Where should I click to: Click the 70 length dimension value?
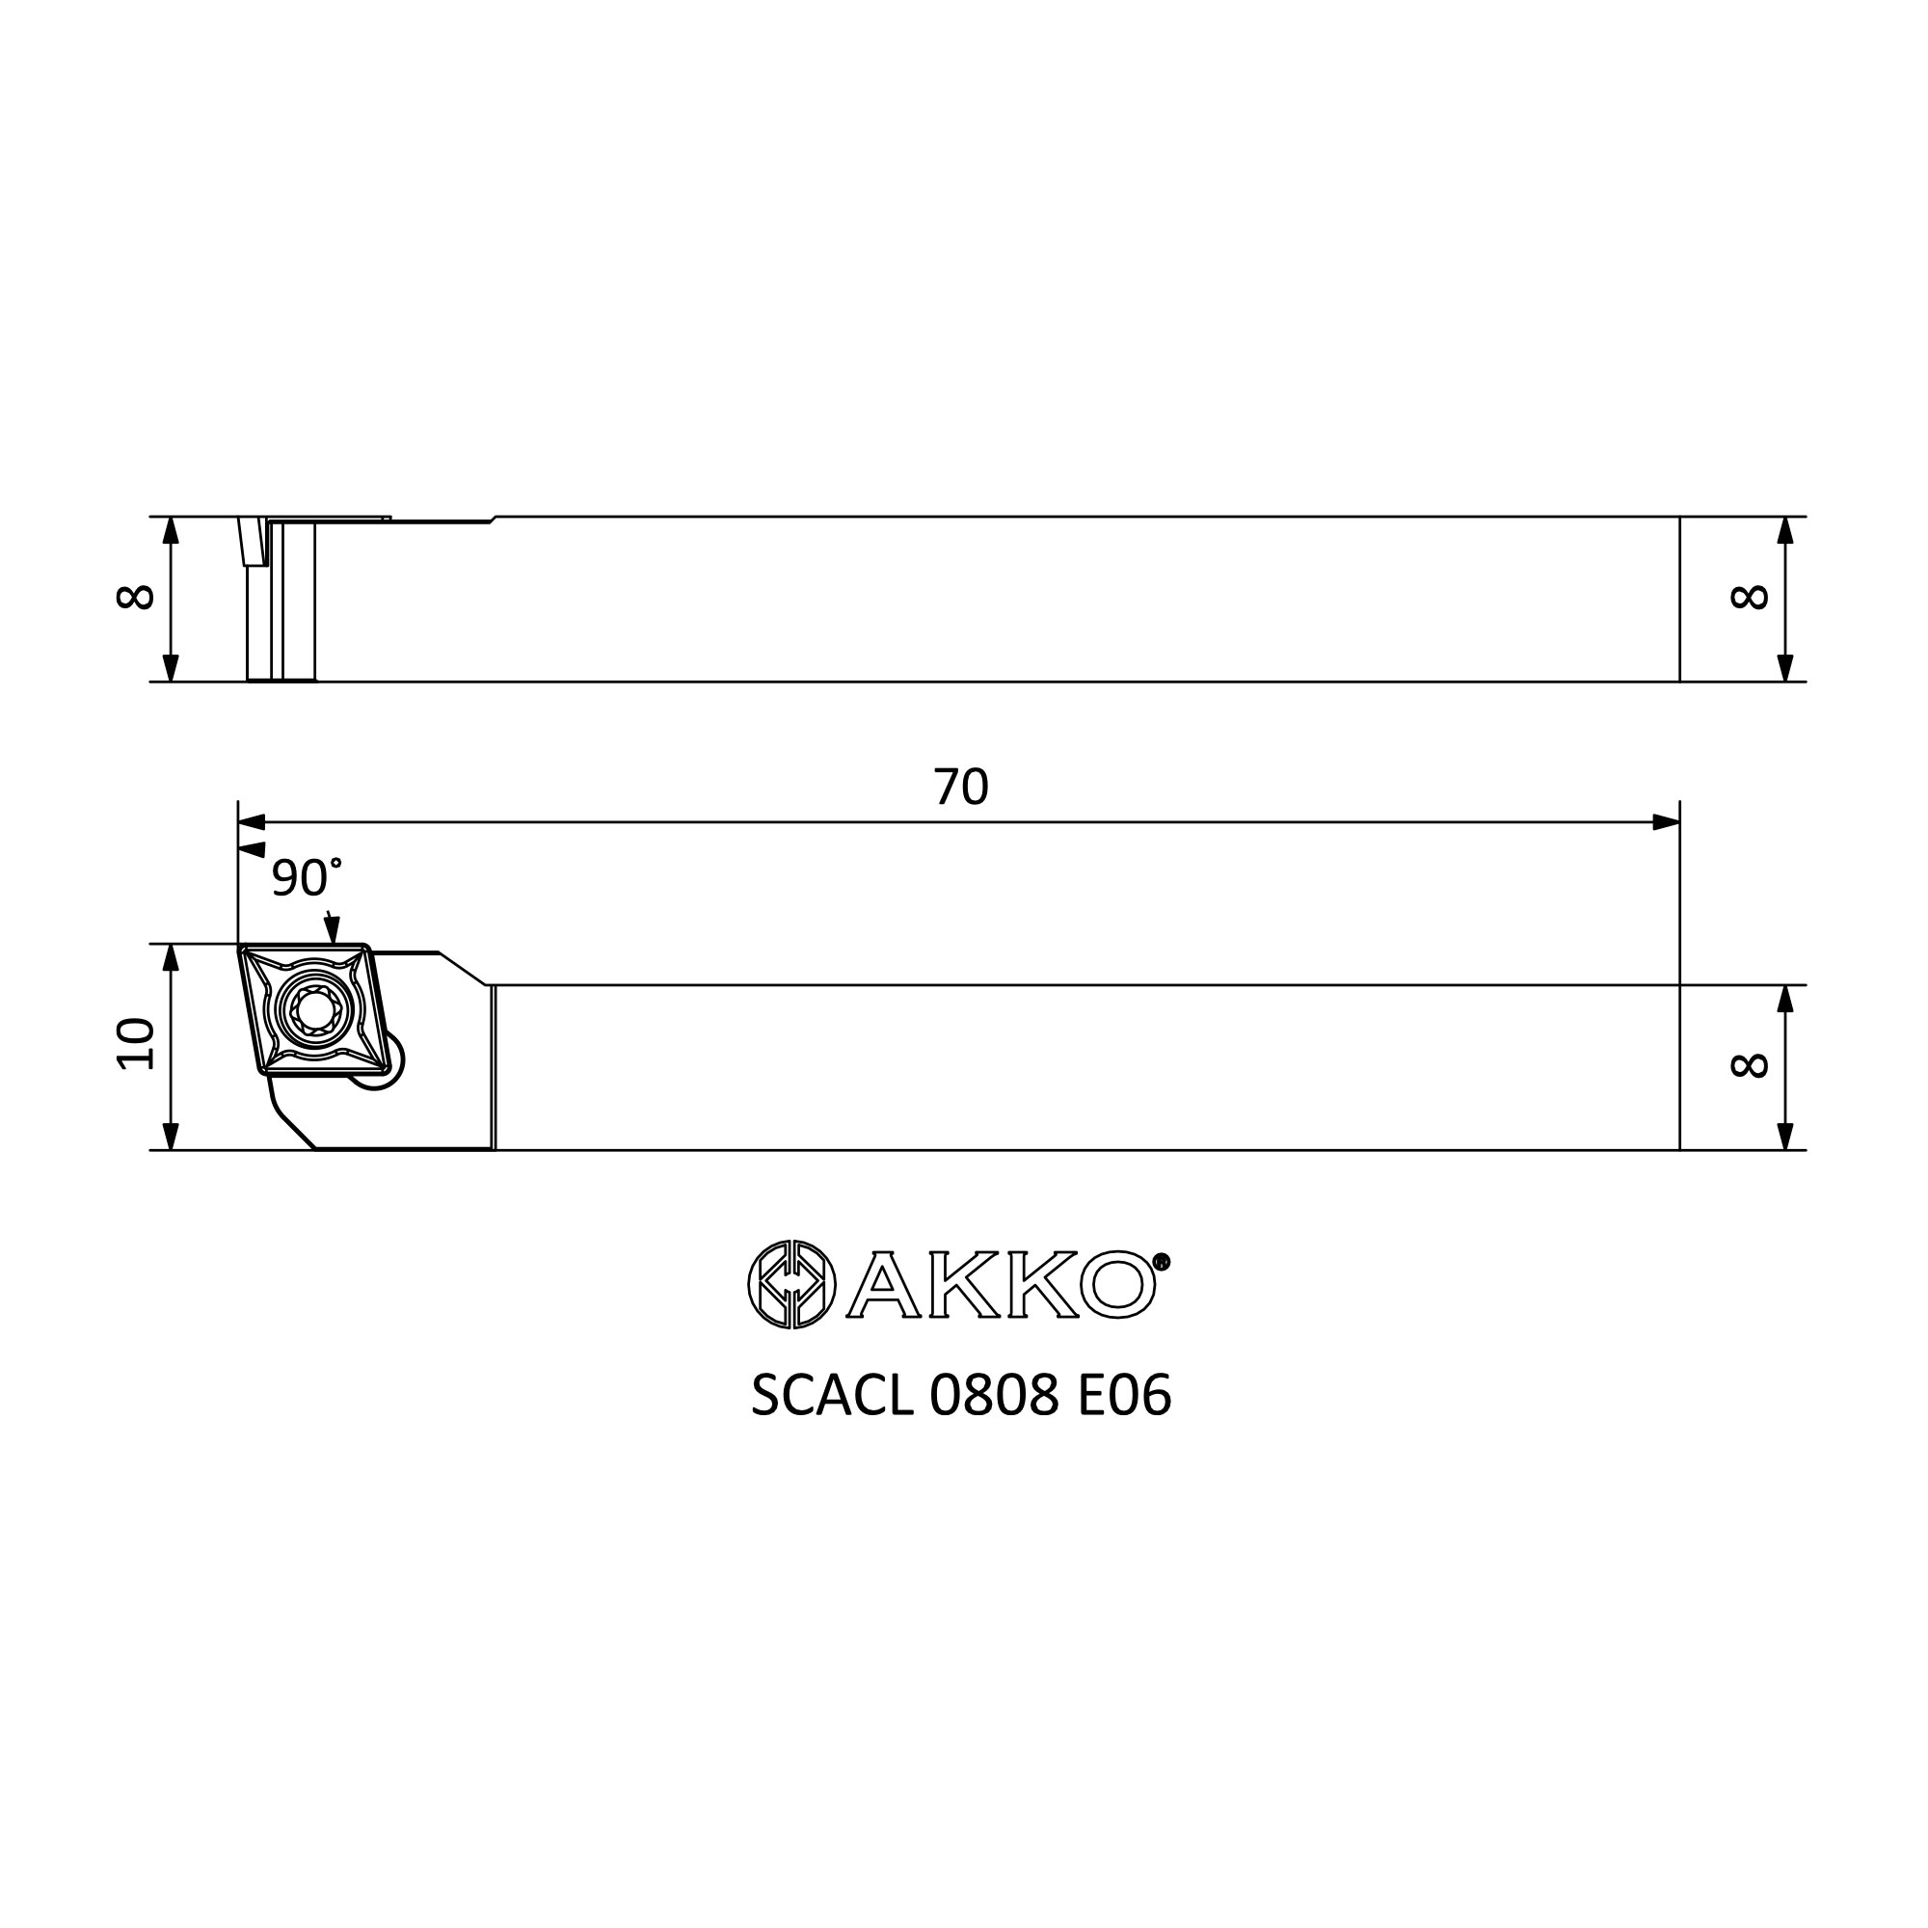coord(961,788)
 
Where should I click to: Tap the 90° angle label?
coord(307,877)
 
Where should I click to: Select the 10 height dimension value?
coord(136,1045)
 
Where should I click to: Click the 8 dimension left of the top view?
coord(136,597)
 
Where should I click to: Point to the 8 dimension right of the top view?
coord(1750,597)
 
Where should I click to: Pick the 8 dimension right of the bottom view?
coord(1750,1066)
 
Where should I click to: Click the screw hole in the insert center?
coord(315,1010)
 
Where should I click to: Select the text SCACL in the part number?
coord(832,1395)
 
